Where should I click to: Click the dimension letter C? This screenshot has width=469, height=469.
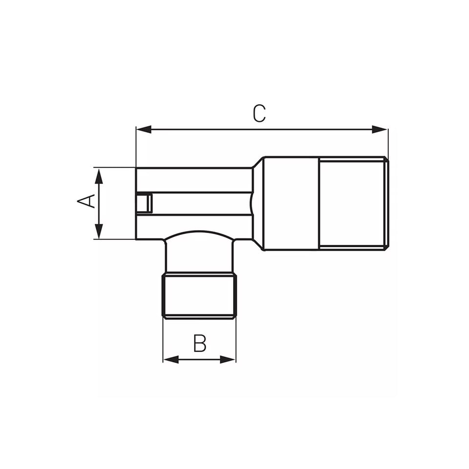[259, 113]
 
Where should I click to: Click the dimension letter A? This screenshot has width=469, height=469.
[86, 200]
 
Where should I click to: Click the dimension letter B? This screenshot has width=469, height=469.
[199, 343]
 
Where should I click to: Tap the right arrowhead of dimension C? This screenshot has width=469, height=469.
[380, 129]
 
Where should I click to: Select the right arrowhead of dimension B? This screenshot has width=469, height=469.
[228, 360]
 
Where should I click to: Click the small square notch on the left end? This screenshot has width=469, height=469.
[144, 203]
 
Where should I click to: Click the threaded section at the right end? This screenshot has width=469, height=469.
[353, 203]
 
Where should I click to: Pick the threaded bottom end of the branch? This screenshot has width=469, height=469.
[199, 296]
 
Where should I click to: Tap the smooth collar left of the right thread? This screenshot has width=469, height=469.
[291, 203]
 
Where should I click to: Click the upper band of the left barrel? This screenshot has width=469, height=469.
[193, 180]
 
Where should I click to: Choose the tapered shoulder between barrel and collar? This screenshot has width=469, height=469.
[258, 203]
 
